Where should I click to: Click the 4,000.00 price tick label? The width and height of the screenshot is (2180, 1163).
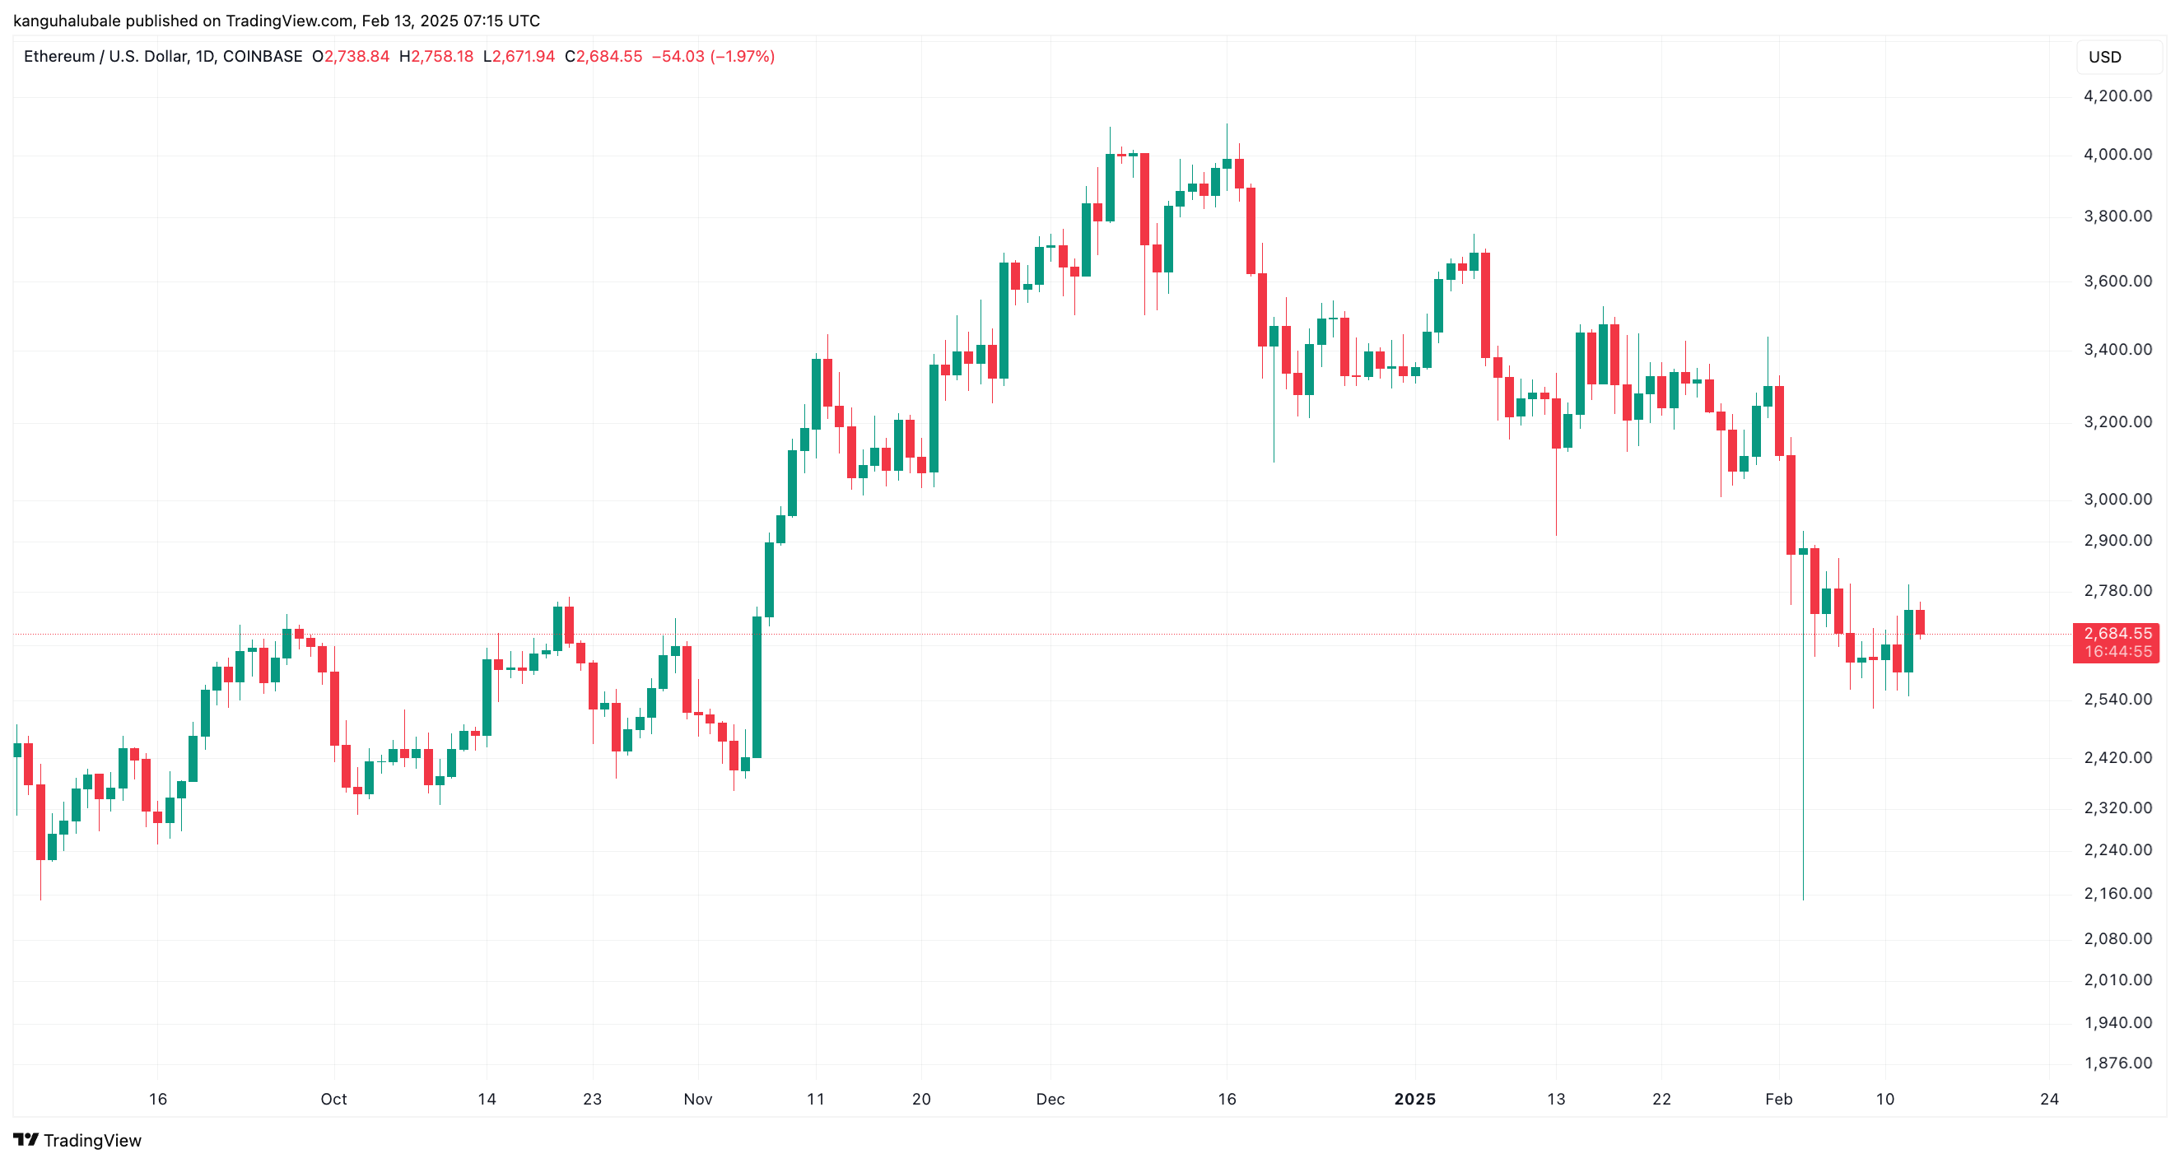point(2117,154)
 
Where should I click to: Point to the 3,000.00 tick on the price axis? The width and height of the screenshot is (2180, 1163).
point(2117,499)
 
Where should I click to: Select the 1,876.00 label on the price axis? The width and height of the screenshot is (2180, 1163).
point(2117,1063)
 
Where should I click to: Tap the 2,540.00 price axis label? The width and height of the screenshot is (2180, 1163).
point(2117,700)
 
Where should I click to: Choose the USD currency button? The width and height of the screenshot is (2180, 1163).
point(2105,57)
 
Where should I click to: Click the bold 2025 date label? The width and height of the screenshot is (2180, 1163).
point(1415,1099)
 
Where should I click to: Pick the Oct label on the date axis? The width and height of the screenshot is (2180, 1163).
point(333,1099)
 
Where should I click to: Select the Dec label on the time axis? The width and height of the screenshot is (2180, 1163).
point(1050,1099)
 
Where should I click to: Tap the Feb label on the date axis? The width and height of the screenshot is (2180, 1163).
point(1778,1099)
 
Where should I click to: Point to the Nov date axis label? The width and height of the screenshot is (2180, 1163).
point(697,1099)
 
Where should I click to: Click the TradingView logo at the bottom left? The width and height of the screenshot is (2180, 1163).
point(77,1140)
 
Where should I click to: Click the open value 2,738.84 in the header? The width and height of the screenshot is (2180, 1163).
point(356,57)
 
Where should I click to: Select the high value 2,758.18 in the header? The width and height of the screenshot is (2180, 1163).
point(442,57)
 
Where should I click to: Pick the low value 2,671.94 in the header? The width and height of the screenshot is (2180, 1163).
point(523,57)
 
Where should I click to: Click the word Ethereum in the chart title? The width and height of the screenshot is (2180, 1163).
point(58,57)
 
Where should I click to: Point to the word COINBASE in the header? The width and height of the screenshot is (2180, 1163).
point(263,57)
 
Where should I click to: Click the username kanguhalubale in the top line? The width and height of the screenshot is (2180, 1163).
point(67,21)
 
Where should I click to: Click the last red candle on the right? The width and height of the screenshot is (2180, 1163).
point(1920,621)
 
